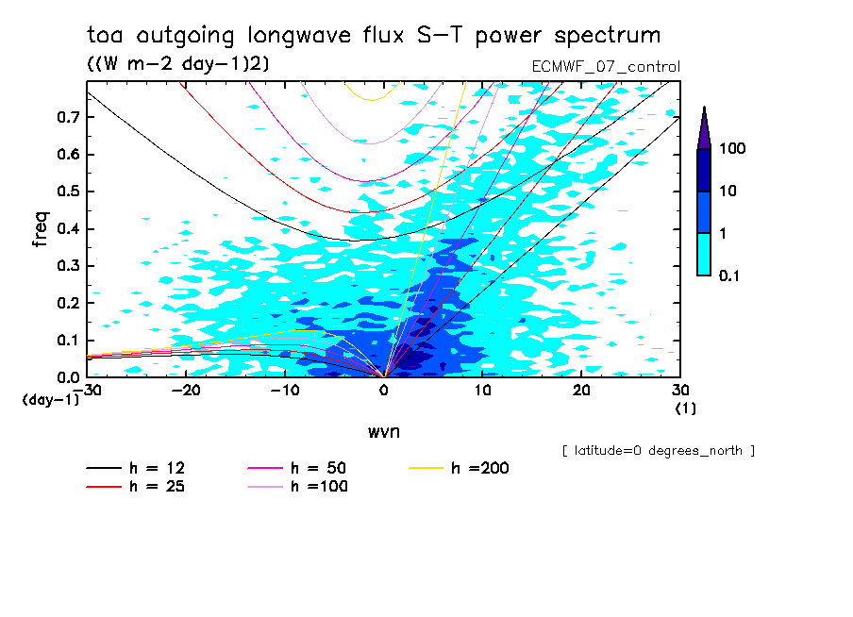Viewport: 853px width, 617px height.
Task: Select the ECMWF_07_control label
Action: coord(606,66)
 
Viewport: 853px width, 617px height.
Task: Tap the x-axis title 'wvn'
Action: coord(383,431)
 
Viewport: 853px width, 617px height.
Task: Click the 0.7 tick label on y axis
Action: coord(67,117)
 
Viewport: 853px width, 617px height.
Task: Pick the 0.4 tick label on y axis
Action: coord(67,229)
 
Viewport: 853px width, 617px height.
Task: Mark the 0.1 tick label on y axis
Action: coord(67,341)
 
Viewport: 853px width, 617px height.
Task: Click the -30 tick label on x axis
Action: coord(87,390)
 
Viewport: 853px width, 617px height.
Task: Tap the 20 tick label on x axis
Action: coord(581,390)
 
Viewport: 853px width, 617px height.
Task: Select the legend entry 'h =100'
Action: coord(320,487)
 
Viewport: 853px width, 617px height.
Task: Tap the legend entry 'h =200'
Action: coord(480,468)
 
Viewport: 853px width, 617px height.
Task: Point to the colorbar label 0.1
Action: coord(730,275)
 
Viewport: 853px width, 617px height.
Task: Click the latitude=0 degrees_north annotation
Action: coord(658,451)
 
